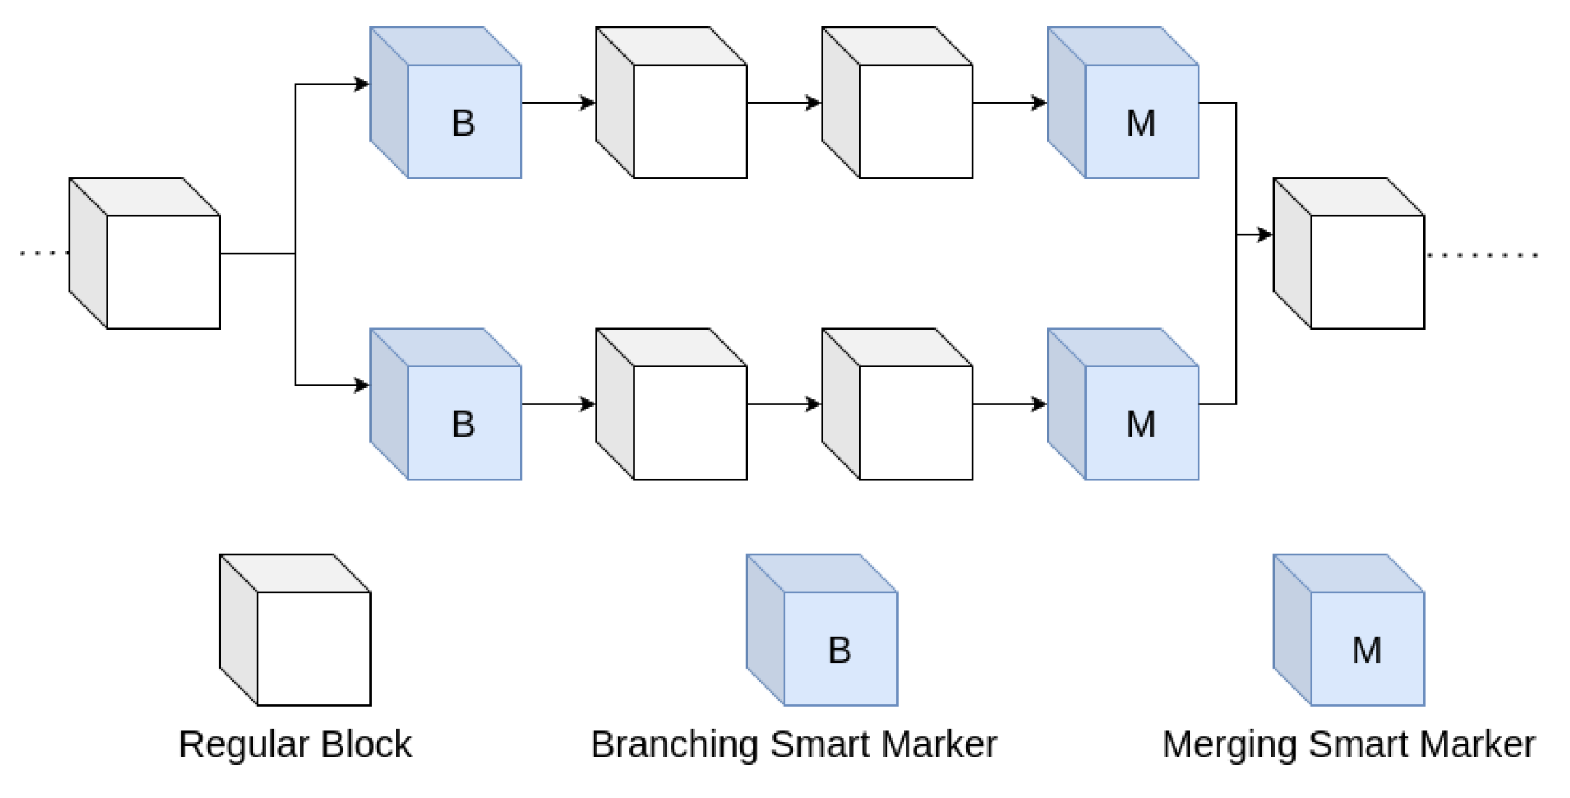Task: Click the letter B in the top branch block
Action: [463, 123]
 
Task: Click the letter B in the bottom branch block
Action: [463, 425]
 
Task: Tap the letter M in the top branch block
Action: [1140, 123]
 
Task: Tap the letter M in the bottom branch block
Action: [1140, 425]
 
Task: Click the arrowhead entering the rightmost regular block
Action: [1265, 235]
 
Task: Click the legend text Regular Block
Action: [295, 745]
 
